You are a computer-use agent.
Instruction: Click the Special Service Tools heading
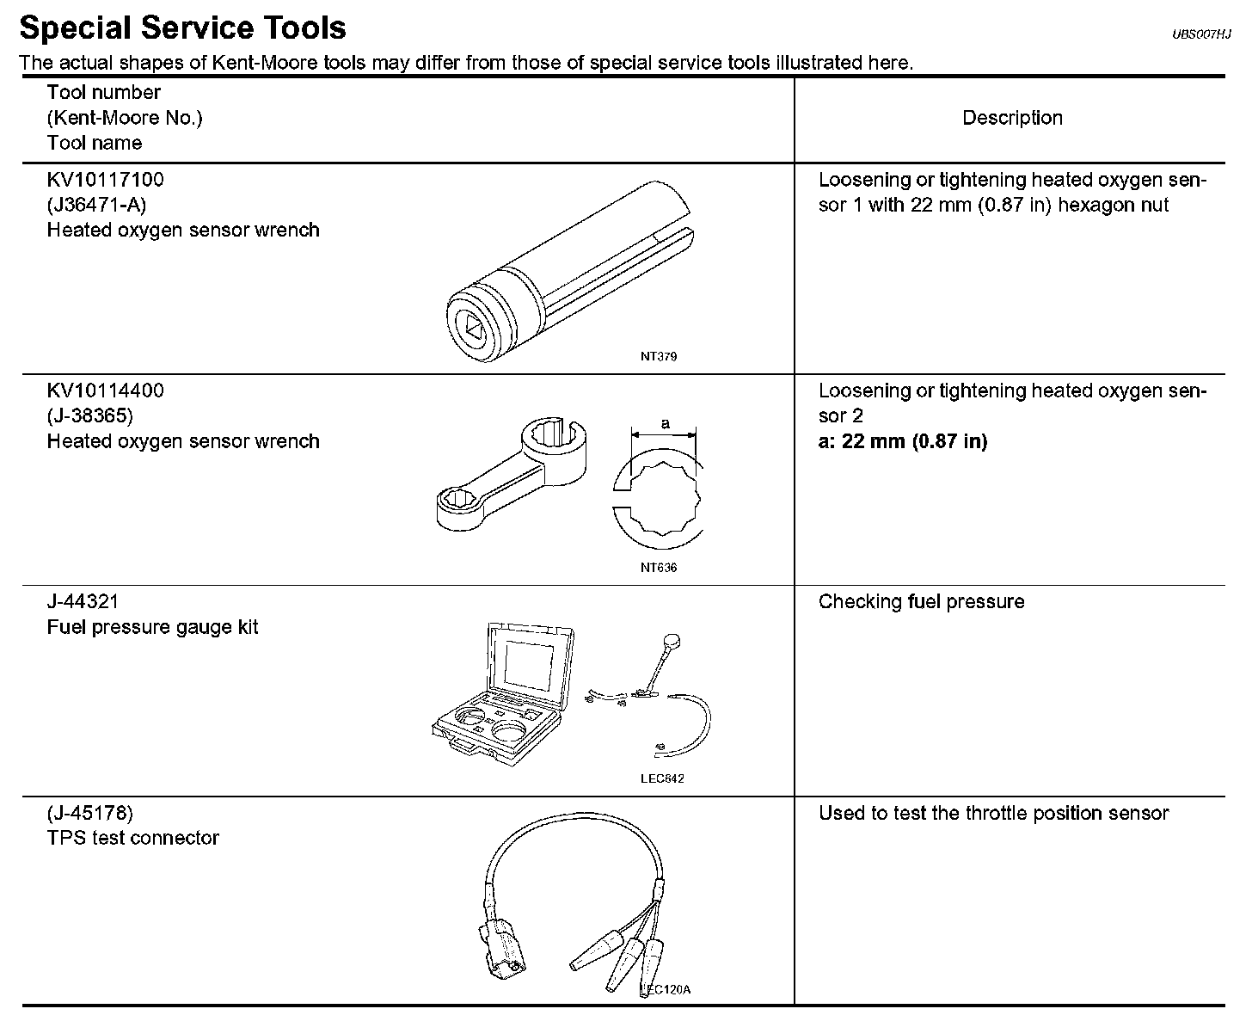pos(182,28)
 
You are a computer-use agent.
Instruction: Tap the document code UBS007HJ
pos(1201,34)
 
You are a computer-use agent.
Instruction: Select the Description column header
pos(1012,118)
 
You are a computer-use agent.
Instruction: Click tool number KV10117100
pos(105,180)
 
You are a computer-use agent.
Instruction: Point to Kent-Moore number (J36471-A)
pos(97,205)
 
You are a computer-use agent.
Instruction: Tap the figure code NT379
pos(659,357)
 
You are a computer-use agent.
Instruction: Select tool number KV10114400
pos(105,391)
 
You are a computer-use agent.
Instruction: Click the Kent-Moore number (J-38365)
pos(90,416)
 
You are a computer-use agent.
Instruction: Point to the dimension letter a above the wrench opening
pos(665,423)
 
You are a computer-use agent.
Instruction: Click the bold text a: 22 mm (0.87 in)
pos(903,441)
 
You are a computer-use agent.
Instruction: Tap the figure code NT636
pos(659,568)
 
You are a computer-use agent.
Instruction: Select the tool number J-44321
pos(83,601)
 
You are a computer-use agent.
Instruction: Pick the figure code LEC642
pos(662,778)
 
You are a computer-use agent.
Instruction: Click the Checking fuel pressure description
pos(921,602)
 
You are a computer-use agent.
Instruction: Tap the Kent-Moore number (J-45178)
pos(90,813)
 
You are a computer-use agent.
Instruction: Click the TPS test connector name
pos(133,838)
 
